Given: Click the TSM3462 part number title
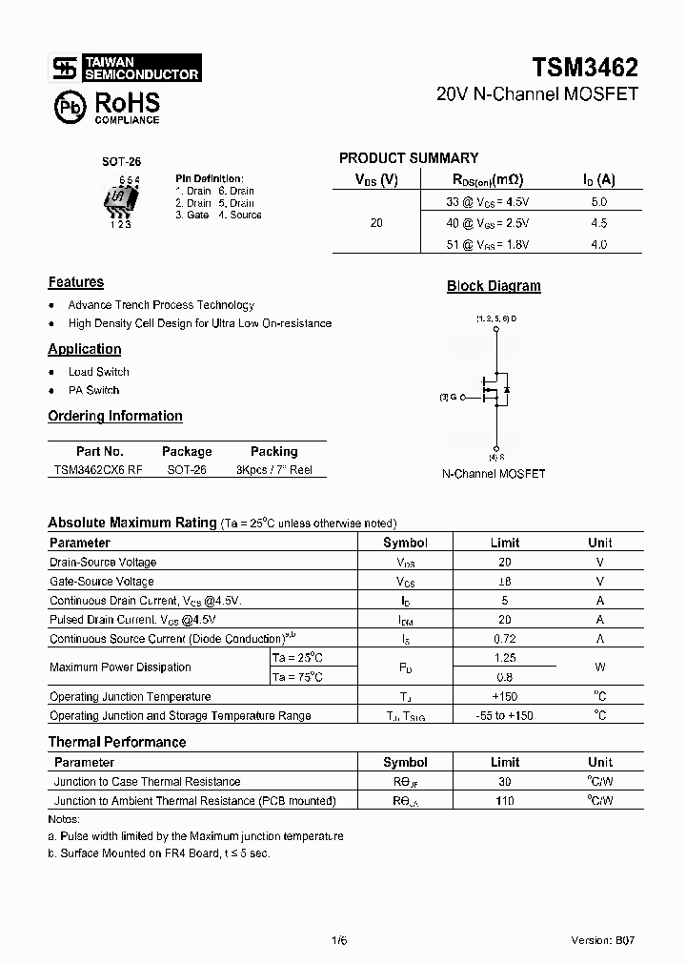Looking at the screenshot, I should [585, 67].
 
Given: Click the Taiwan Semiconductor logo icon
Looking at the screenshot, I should [64, 68].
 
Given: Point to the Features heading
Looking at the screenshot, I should [75, 282].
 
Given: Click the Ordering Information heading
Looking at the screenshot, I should [114, 416].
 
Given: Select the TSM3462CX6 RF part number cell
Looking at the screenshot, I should [98, 470].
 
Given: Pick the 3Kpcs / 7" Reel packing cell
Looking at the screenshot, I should [273, 470].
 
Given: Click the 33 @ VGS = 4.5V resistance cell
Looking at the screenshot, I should [487, 202].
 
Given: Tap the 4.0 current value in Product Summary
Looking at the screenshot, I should [598, 244].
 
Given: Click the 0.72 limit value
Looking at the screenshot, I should [505, 639].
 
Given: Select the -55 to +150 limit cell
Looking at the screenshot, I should [505, 715].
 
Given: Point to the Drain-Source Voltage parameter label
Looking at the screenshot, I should [103, 563].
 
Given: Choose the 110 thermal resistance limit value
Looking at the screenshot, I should [505, 801].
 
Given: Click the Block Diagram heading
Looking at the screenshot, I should [494, 286].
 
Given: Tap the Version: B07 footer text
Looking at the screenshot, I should [602, 939].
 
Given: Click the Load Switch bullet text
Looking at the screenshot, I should [98, 372].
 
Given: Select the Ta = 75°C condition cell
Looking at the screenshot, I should [297, 677].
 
